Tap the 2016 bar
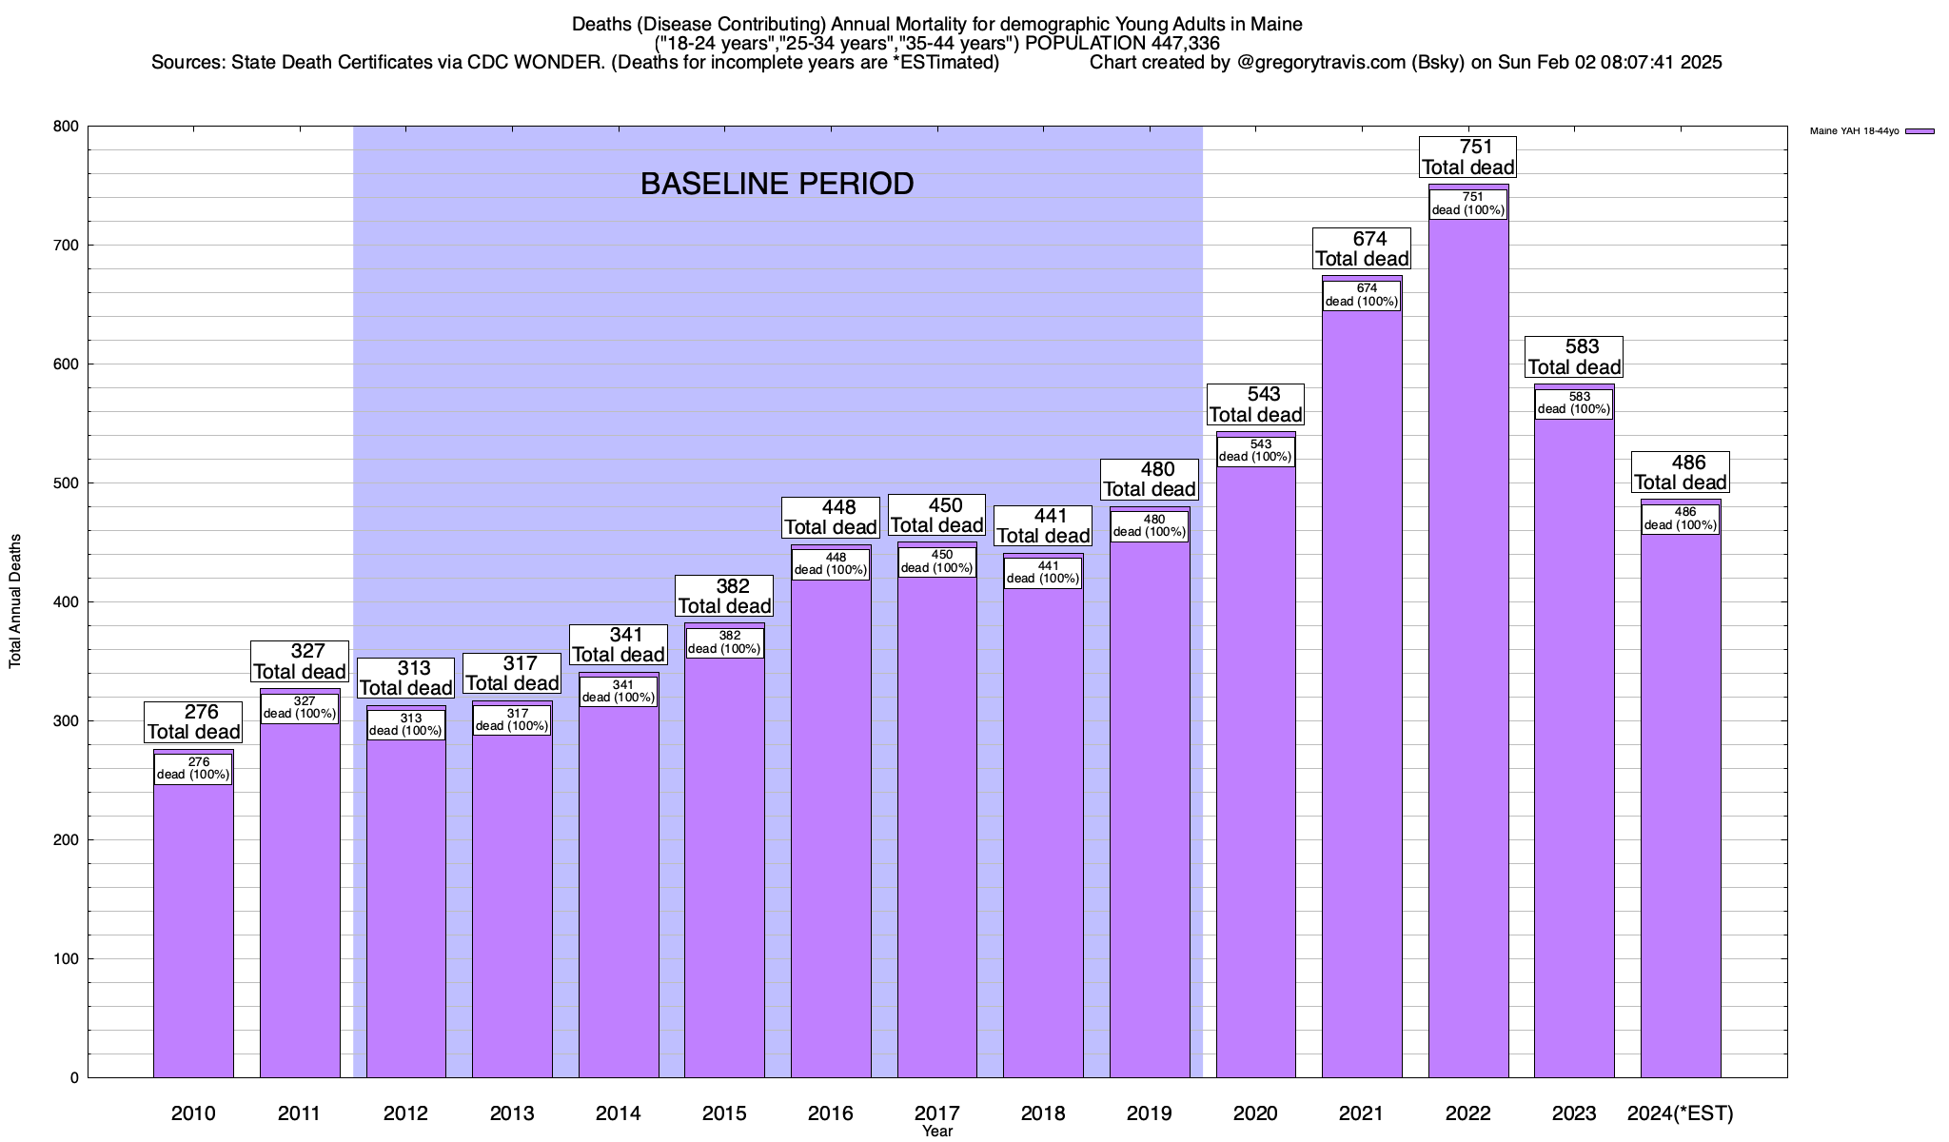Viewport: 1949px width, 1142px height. click(x=831, y=828)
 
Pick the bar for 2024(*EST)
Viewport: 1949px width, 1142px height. click(x=1681, y=809)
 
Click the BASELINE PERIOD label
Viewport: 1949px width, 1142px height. click(x=777, y=184)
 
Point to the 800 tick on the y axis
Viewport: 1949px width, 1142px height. click(x=67, y=127)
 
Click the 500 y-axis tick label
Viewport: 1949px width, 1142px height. click(x=67, y=483)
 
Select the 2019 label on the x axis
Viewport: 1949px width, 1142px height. click(x=1150, y=1113)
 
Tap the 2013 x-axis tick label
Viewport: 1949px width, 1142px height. click(x=512, y=1113)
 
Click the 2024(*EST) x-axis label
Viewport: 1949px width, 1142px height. click(x=1681, y=1113)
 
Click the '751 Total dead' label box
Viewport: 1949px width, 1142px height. click(x=1467, y=157)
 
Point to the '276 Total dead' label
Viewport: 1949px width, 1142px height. click(x=193, y=722)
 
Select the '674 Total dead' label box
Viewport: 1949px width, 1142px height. click(x=1362, y=249)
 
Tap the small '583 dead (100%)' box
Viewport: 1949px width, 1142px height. click(x=1574, y=404)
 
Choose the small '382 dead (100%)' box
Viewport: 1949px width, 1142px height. click(x=724, y=643)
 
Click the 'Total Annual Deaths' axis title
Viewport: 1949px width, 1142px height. click(x=15, y=601)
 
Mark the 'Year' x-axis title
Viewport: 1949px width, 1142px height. click(x=936, y=1132)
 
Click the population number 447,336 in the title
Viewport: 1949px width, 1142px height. click(x=1179, y=44)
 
